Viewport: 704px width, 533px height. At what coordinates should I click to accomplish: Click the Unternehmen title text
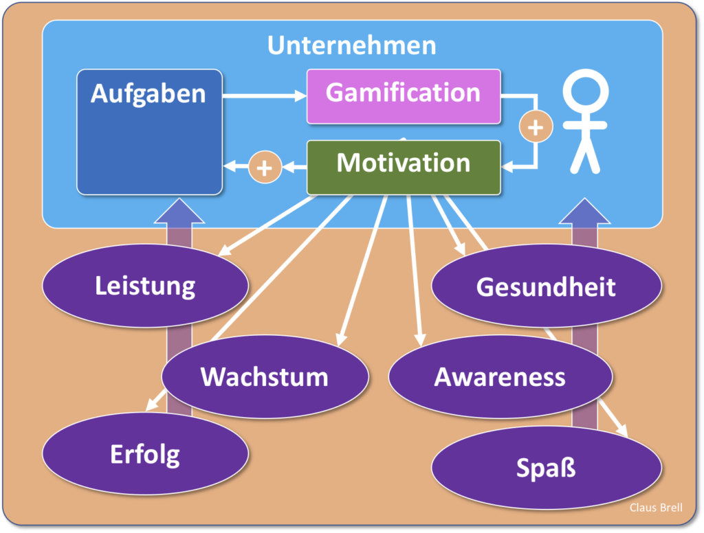click(351, 45)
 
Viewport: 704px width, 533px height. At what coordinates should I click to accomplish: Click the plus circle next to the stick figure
click(535, 127)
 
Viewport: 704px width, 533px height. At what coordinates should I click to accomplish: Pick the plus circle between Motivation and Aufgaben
click(265, 167)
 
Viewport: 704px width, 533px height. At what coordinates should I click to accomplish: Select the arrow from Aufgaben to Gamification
click(264, 96)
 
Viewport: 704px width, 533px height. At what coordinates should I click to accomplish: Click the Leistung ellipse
click(145, 286)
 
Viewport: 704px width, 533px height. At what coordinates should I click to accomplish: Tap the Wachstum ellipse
click(265, 376)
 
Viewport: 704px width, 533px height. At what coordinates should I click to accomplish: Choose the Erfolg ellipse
click(145, 454)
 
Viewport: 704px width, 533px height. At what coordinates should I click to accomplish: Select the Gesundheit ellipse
click(546, 286)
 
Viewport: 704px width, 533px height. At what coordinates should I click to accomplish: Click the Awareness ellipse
click(500, 376)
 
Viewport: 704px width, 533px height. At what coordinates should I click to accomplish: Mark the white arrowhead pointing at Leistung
click(225, 251)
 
